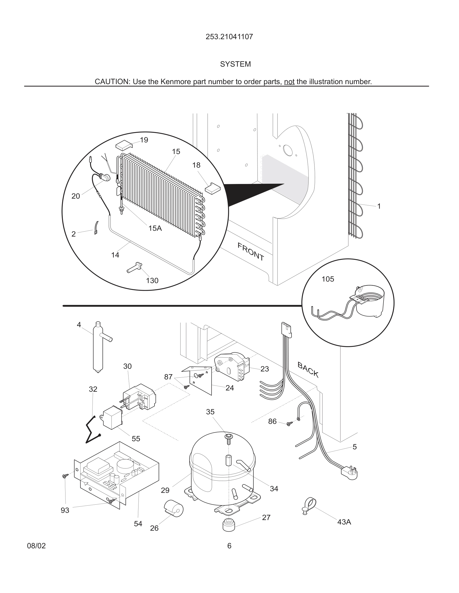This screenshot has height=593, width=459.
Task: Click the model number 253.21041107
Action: pyautogui.click(x=229, y=37)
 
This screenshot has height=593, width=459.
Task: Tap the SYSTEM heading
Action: pyautogui.click(x=235, y=64)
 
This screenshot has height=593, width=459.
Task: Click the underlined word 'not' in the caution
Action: pyautogui.click(x=289, y=81)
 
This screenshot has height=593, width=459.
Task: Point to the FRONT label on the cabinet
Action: pyautogui.click(x=251, y=251)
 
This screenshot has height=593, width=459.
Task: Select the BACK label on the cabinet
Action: pyautogui.click(x=308, y=370)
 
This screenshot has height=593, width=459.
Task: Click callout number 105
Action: pyautogui.click(x=328, y=279)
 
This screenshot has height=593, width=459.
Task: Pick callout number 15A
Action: pyautogui.click(x=155, y=228)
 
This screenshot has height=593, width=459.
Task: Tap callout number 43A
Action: pyautogui.click(x=344, y=522)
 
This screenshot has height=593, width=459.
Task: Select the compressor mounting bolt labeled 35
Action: pyautogui.click(x=228, y=438)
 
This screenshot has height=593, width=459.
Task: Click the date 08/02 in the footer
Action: pyautogui.click(x=36, y=546)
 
